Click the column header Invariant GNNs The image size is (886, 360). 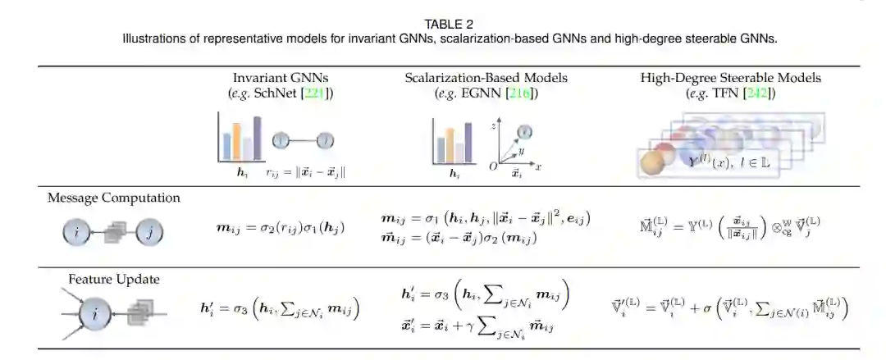(x=280, y=79)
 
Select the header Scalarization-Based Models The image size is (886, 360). (x=486, y=79)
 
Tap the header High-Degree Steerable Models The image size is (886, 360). (x=731, y=79)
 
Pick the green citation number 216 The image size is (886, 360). (x=520, y=93)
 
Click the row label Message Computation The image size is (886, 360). (x=113, y=198)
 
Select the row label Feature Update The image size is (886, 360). (x=113, y=280)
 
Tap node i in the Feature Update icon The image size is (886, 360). (x=96, y=313)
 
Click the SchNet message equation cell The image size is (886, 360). (x=279, y=226)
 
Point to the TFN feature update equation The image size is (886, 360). (x=730, y=309)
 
